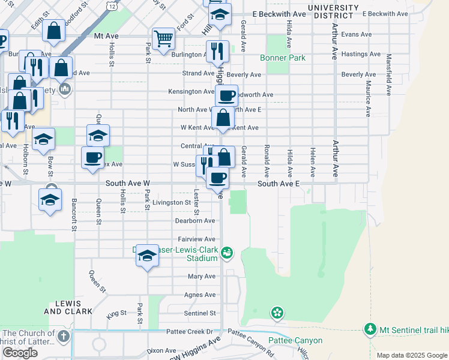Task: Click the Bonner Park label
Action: [283, 58]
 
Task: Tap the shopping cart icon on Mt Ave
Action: [163, 39]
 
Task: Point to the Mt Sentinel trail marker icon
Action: [370, 329]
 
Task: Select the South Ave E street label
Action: [278, 184]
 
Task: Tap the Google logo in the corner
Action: [20, 353]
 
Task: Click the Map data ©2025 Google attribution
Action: [411, 355]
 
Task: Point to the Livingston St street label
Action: [171, 203]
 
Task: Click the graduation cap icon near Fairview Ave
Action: [147, 257]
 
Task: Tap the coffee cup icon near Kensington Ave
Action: [226, 95]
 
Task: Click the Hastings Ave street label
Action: [361, 54]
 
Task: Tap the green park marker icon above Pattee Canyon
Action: [277, 312]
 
